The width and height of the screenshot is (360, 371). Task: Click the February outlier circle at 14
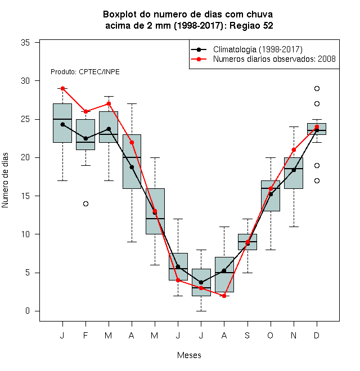(x=85, y=203)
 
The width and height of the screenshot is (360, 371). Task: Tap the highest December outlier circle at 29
(x=317, y=88)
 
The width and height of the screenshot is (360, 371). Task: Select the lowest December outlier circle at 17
(x=317, y=181)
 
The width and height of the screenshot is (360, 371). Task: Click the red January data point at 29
(x=63, y=88)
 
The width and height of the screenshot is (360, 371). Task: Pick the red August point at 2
(x=224, y=296)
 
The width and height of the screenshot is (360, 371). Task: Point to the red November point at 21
(x=294, y=150)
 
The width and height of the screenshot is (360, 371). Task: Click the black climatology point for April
(x=132, y=168)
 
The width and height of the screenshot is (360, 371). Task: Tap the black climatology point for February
(x=85, y=138)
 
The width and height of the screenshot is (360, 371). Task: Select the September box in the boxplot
(x=247, y=242)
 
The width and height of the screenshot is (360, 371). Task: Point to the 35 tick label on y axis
(x=25, y=43)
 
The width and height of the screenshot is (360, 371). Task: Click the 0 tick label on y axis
(x=28, y=311)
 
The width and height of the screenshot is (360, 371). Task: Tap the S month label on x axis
(x=247, y=335)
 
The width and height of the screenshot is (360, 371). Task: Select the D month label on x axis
(x=317, y=335)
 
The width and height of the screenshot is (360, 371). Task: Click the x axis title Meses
(x=189, y=355)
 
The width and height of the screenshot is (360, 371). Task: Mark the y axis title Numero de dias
(x=5, y=180)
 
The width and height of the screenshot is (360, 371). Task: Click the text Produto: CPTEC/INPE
(x=85, y=72)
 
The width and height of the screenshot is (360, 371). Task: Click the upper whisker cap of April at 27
(x=132, y=103)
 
